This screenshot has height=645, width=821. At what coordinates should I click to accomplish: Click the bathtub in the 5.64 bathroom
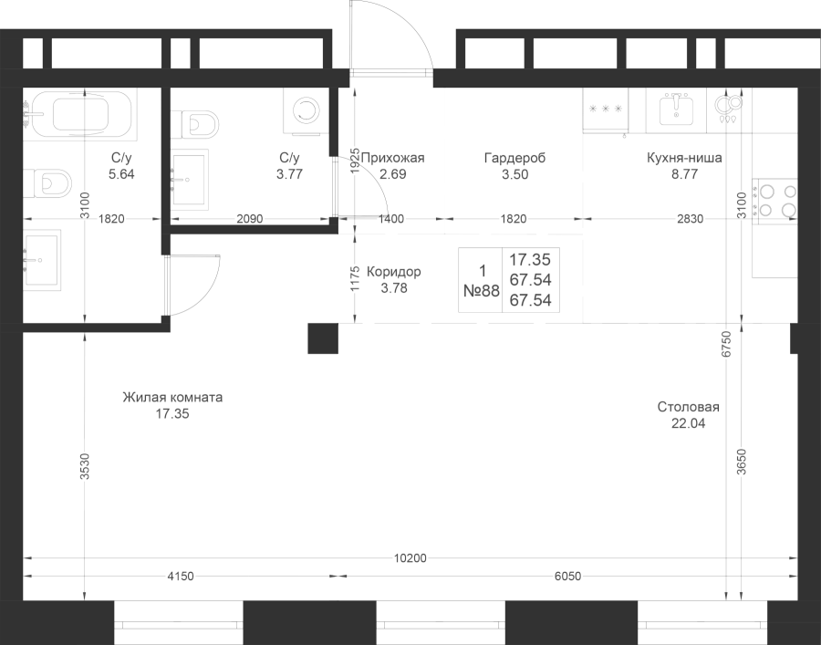point(79,114)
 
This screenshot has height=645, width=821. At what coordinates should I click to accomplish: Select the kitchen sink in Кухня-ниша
point(676,109)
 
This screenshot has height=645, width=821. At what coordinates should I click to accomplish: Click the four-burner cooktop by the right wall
point(775,201)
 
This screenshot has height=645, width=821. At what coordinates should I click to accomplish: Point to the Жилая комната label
point(172,398)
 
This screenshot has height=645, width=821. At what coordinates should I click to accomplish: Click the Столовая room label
point(688,407)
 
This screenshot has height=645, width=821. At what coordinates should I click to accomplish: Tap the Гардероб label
point(514,158)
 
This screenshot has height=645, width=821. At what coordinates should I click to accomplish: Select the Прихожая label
point(392,158)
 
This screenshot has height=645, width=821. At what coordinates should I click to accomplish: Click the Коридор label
point(393,272)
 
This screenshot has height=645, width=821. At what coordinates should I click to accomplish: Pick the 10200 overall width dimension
point(410,558)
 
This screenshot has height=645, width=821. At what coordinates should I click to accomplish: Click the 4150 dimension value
point(181,577)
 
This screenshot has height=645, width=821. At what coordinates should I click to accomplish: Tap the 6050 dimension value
point(567,577)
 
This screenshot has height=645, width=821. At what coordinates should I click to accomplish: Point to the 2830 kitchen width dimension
point(691,219)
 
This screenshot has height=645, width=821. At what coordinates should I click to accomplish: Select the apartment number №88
point(482,291)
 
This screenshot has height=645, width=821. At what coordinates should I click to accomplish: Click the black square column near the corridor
point(323,338)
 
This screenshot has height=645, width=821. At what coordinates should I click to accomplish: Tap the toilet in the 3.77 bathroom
point(195,124)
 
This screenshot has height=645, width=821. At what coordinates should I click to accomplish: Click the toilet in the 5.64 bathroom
point(47,182)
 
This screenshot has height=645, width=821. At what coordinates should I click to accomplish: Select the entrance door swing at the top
point(391,36)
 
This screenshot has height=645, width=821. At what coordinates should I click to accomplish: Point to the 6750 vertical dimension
point(726,344)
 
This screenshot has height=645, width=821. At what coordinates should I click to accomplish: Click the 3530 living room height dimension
point(86,466)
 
